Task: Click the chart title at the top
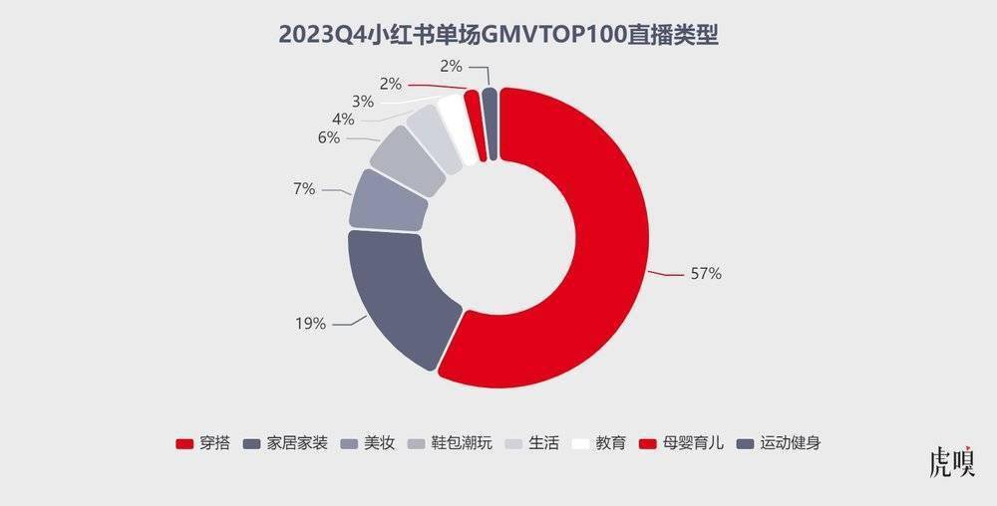click(498, 36)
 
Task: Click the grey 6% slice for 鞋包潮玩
click(408, 159)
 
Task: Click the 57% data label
click(705, 274)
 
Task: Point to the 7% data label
click(303, 188)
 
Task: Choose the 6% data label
click(329, 138)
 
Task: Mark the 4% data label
click(343, 120)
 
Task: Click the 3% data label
click(362, 101)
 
